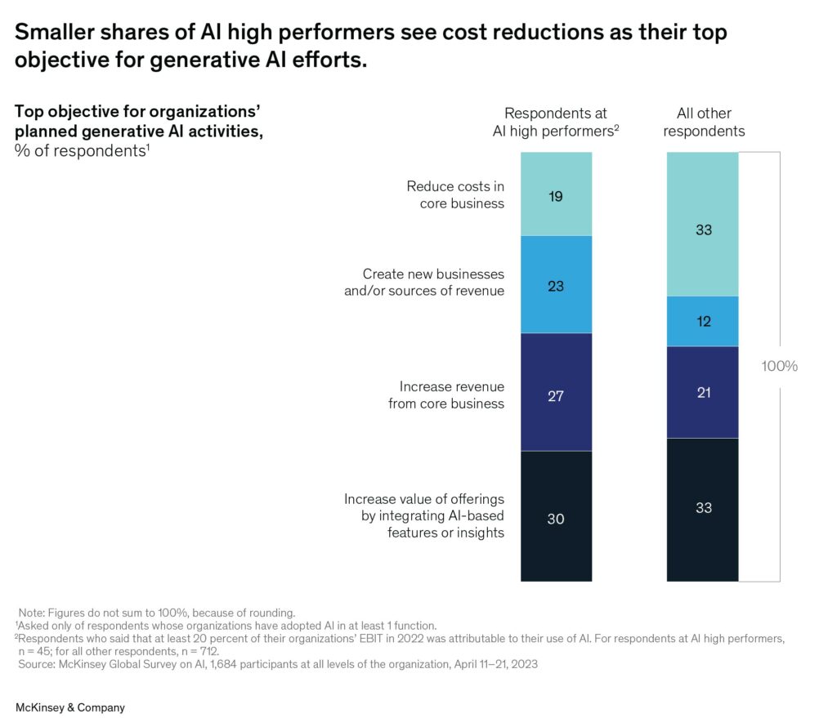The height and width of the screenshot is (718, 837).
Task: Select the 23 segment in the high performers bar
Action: click(x=556, y=285)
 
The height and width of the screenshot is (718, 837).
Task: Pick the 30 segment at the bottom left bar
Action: click(x=556, y=517)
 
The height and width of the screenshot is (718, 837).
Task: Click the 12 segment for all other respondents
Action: click(x=702, y=321)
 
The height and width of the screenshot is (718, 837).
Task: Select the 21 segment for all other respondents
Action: click(x=702, y=392)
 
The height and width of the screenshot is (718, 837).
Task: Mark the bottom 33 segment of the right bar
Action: click(x=702, y=508)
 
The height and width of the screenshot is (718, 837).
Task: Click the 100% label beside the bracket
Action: click(x=779, y=366)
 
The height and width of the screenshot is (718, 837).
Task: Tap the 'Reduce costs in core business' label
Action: click(x=455, y=194)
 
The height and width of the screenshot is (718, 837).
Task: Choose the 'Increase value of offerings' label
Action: click(x=424, y=515)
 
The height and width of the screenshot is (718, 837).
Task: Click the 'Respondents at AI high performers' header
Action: click(x=556, y=123)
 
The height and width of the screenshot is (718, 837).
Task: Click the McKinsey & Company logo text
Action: click(x=70, y=707)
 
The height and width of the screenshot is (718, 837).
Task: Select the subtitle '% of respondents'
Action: click(x=82, y=151)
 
